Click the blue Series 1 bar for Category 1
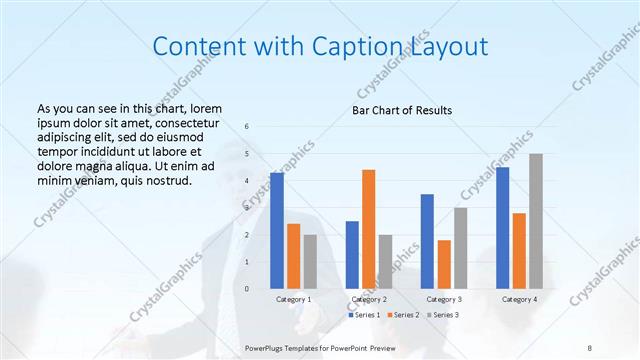pyautogui.click(x=277, y=231)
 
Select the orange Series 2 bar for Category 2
pyautogui.click(x=369, y=229)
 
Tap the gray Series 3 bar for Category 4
pyautogui.click(x=536, y=221)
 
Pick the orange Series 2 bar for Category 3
pyautogui.click(x=444, y=264)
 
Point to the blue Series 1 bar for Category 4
pyautogui.click(x=502, y=228)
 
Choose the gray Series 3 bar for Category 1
pyautogui.click(x=310, y=262)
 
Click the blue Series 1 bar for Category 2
pyautogui.click(x=352, y=255)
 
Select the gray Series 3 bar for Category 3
pyautogui.click(x=460, y=248)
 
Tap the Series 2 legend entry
pyautogui.click(x=402, y=315)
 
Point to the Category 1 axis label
pyautogui.click(x=294, y=299)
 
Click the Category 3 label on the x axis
pyautogui.click(x=444, y=299)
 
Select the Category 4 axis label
pyautogui.click(x=519, y=299)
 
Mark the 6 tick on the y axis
pyautogui.click(x=247, y=127)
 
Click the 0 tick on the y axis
pyautogui.click(x=247, y=289)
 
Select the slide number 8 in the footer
pyautogui.click(x=590, y=347)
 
